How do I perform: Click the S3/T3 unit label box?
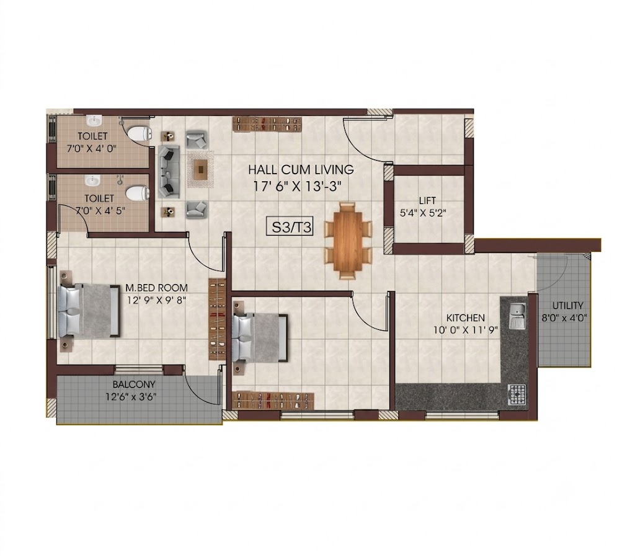click(x=290, y=227)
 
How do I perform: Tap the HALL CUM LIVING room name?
click(x=301, y=169)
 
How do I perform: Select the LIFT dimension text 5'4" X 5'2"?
click(x=423, y=213)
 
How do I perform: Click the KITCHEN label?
click(x=465, y=318)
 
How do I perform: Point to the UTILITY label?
click(x=568, y=306)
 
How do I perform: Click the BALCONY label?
click(x=134, y=384)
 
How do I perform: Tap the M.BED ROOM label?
click(x=156, y=288)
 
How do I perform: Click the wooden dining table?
click(x=348, y=241)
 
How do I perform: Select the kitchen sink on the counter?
click(x=517, y=316)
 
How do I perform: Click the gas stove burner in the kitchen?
click(x=517, y=394)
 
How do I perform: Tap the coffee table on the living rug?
click(x=200, y=169)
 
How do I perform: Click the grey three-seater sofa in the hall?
click(x=169, y=172)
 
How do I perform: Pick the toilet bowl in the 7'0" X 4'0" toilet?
click(x=140, y=133)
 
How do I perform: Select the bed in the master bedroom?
click(x=89, y=311)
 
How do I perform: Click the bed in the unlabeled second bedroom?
click(x=260, y=337)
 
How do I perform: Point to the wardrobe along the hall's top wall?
click(x=268, y=123)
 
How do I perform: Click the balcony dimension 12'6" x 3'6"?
click(x=131, y=396)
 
